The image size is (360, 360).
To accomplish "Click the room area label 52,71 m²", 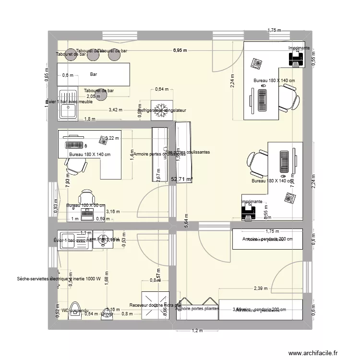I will tap(181, 179).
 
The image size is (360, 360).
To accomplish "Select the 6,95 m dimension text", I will tap(180, 50).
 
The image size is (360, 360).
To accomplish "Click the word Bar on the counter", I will tap(94, 75).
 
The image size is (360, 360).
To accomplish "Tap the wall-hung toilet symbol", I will tap(75, 309).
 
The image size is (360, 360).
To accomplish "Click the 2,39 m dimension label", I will tap(261, 288).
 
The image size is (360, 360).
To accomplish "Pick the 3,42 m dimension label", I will tap(115, 110).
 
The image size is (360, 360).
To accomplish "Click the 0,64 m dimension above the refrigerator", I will tap(162, 89).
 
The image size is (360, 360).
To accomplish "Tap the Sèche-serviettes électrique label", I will tap(58, 278).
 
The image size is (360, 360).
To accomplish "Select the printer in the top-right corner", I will tap(295, 59).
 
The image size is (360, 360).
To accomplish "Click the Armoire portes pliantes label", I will tap(197, 309).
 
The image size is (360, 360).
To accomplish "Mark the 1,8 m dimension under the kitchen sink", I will tap(88, 119).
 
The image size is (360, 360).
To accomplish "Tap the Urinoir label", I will tap(107, 314).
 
